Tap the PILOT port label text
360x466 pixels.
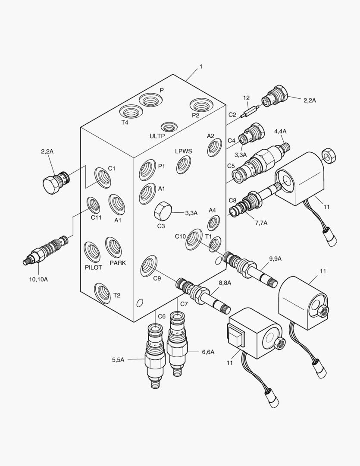[x=93, y=268]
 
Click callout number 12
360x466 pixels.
[x=246, y=98]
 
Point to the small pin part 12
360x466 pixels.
[x=250, y=111]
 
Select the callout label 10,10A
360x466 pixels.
[x=38, y=279]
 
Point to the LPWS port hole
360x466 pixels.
[x=183, y=164]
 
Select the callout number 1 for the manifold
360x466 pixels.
[x=200, y=67]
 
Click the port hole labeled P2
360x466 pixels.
[x=201, y=105]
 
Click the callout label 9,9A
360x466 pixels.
[x=275, y=258]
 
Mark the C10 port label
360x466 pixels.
[x=180, y=236]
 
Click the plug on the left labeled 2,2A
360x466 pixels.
[x=53, y=181]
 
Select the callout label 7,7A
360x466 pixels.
[x=261, y=223]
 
